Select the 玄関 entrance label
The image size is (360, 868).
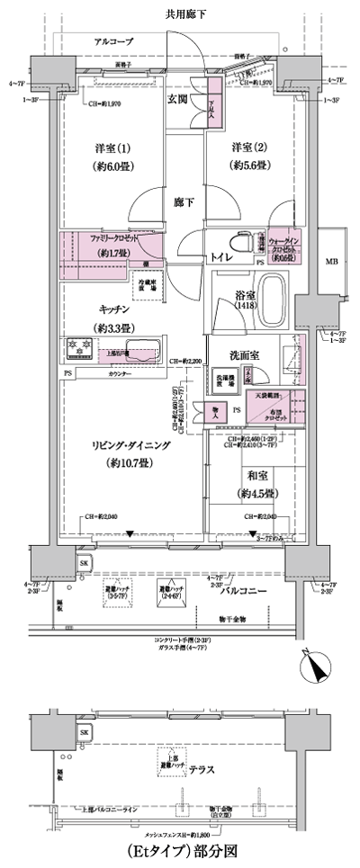coord(176,100)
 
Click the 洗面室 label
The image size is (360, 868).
coord(243,355)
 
